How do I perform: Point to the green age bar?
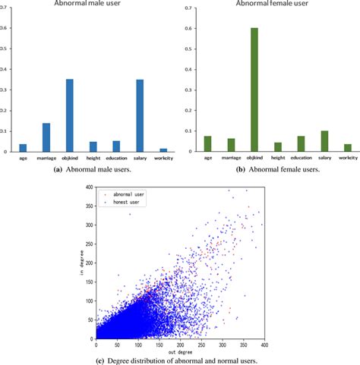tap(208, 143)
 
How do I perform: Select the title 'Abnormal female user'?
tap(266, 5)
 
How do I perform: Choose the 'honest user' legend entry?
tap(125, 203)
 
